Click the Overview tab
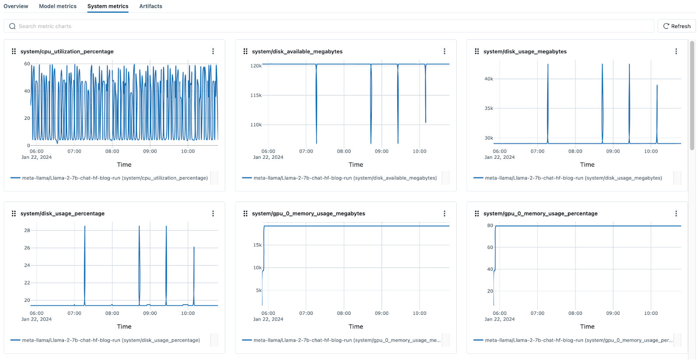(x=16, y=6)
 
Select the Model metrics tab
(x=58, y=6)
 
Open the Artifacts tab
(x=150, y=6)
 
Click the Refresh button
(x=676, y=26)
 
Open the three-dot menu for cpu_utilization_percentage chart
(x=213, y=51)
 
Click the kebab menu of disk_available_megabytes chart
(x=444, y=51)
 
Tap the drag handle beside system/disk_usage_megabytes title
(x=477, y=51)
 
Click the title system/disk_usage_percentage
(x=63, y=213)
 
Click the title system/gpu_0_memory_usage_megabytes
(x=308, y=213)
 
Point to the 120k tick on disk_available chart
(x=256, y=66)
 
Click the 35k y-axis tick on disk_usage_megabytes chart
(x=489, y=108)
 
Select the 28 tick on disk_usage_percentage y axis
(x=27, y=231)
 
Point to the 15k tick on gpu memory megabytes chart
(x=257, y=245)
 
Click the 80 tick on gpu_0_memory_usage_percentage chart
(x=490, y=226)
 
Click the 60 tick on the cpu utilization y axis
(x=27, y=64)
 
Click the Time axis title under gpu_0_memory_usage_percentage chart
(x=587, y=327)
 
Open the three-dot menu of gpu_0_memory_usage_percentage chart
(x=676, y=213)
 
